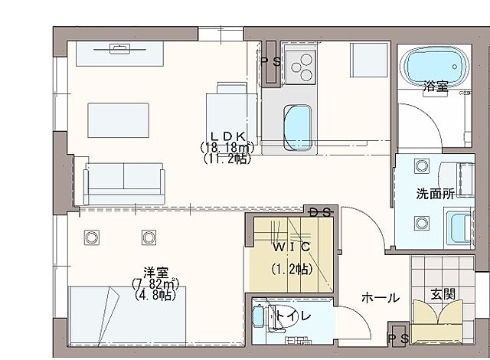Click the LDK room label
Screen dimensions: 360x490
click(x=227, y=136)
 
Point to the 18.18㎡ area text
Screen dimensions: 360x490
click(x=227, y=147)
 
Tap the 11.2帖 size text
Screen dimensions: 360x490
click(x=227, y=159)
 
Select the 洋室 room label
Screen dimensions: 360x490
click(x=155, y=272)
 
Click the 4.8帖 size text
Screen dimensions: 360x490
click(x=155, y=294)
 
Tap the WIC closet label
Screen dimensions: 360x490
click(x=290, y=247)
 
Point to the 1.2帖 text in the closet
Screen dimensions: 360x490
click(x=290, y=270)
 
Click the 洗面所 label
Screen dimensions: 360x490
click(x=435, y=194)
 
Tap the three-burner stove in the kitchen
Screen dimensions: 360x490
click(x=300, y=66)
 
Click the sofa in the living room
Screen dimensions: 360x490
click(x=124, y=182)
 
